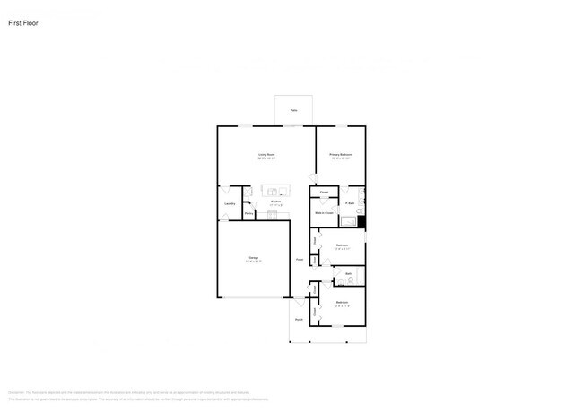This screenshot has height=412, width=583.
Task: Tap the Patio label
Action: coord(293,111)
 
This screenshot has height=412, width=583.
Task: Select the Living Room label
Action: coord(266,155)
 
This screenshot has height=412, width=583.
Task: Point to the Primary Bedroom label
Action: coord(341,155)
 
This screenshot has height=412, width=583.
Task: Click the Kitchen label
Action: coord(276,202)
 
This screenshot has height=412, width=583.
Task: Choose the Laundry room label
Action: coord(230,204)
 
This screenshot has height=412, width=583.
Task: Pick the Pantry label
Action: coord(248,213)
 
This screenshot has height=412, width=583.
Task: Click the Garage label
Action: coord(253,259)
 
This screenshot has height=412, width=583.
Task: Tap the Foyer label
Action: coord(300,260)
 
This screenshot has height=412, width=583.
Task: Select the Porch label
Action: coord(299,320)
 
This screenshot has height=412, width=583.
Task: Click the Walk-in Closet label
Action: coord(324,213)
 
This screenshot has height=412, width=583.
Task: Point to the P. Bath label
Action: coord(350,203)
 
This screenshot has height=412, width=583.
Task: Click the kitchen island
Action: coord(276,191)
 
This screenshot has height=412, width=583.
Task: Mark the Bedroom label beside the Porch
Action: coord(342,303)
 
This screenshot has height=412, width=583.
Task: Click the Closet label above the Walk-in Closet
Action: coord(324,193)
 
